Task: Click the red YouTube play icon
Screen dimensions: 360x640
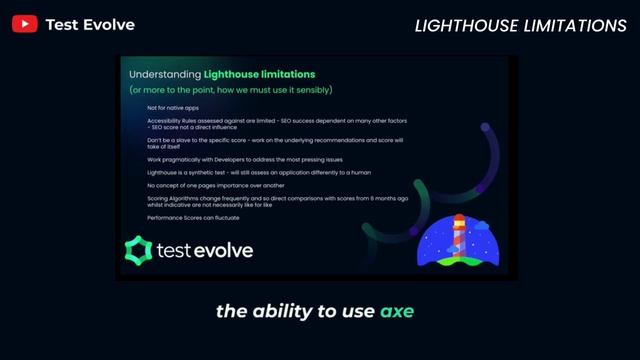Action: coord(25,24)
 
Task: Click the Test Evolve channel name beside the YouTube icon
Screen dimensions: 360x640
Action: coord(90,24)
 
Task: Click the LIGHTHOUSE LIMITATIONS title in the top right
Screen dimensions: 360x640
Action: coord(520,25)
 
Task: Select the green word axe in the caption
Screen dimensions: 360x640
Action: coord(397,311)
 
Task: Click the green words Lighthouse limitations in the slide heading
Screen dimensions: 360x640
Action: coord(259,74)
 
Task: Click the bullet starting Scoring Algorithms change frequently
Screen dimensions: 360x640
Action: coord(270,201)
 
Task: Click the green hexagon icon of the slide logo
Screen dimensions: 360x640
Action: coord(136,250)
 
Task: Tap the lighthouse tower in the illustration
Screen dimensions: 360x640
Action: coord(459,238)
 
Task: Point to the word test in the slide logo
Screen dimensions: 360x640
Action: coord(172,250)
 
